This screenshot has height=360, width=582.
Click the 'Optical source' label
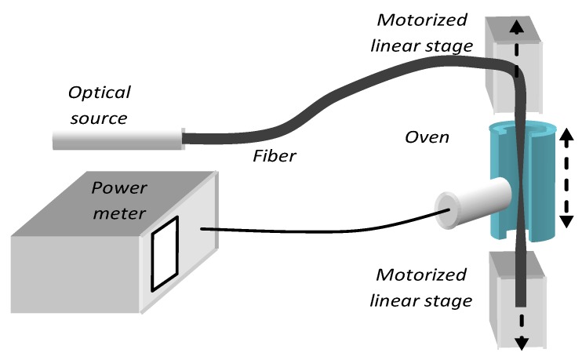point(100,105)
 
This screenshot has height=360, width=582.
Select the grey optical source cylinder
point(117,140)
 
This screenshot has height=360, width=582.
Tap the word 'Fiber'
point(274,155)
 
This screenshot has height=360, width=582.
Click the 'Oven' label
point(427,139)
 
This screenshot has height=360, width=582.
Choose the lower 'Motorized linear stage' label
point(424,287)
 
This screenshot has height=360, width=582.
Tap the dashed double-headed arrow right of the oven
point(563,180)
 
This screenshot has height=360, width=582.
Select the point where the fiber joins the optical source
point(184,140)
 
